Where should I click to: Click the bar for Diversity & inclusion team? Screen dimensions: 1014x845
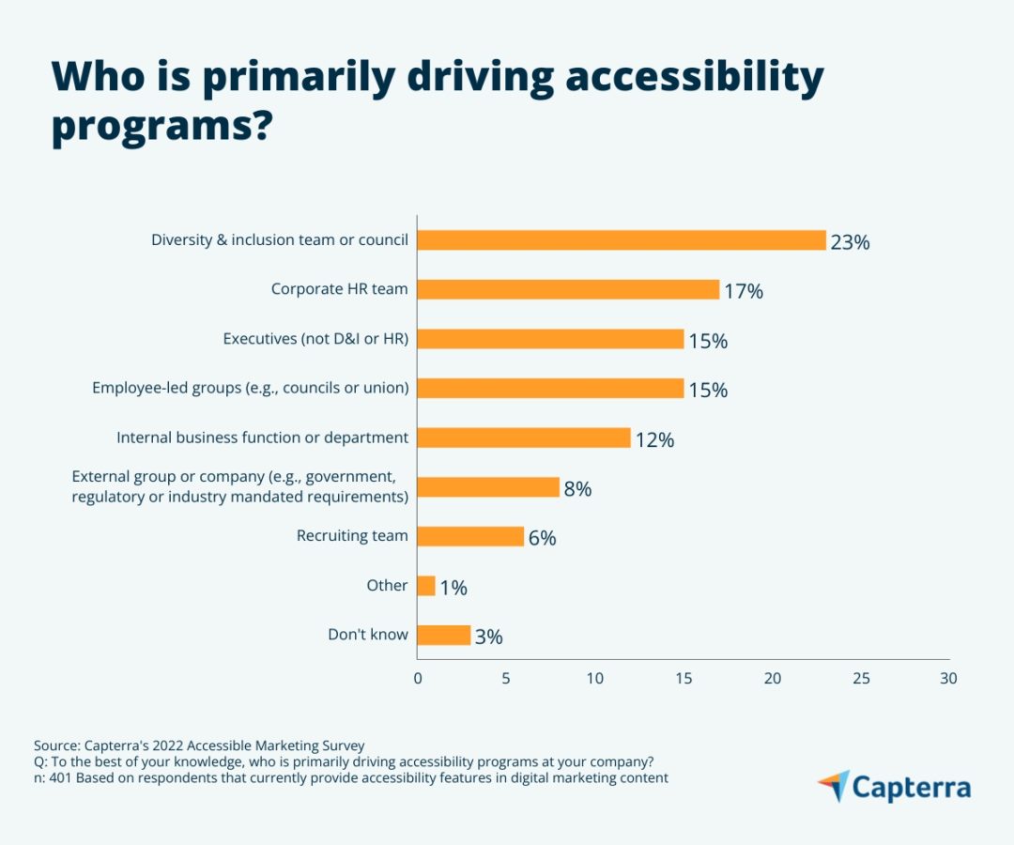622,239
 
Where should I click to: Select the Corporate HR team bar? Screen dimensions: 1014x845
568,289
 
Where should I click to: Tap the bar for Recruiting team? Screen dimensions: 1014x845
470,537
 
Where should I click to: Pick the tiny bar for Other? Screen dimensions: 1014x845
426,586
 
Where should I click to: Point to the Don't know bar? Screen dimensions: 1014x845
443,636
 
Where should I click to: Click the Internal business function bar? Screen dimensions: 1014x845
524,438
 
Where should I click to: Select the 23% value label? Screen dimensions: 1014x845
850,242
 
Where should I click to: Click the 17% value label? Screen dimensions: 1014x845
744,291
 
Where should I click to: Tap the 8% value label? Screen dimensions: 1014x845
577,489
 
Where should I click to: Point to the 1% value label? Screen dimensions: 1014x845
453,588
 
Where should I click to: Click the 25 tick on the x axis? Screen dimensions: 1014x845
861,678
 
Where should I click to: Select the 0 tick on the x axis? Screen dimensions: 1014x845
418,678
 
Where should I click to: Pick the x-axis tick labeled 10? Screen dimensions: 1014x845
595,678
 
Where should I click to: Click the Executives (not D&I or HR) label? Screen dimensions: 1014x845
315,339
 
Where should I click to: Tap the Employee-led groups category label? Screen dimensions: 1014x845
251,388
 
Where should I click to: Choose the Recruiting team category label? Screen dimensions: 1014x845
352,535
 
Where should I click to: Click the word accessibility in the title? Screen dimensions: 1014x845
695,77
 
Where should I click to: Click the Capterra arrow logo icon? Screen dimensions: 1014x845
835,786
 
